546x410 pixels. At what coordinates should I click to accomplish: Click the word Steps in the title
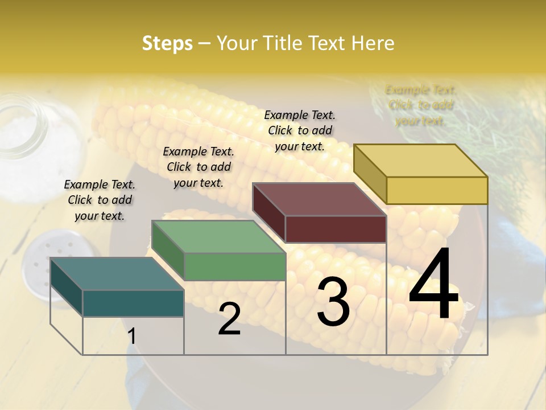(x=167, y=43)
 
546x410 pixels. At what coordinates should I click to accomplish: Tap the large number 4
(x=433, y=285)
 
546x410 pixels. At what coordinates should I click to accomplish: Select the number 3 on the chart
(x=333, y=302)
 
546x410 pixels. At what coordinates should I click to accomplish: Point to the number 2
(x=229, y=319)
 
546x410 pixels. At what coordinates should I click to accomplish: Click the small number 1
(x=132, y=336)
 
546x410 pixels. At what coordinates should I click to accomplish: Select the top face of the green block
(x=218, y=237)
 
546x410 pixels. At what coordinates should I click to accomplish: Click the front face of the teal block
(x=133, y=303)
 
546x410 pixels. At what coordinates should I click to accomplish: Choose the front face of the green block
(x=234, y=266)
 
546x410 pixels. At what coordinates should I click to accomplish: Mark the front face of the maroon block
(x=336, y=229)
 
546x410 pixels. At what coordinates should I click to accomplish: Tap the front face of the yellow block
(x=437, y=190)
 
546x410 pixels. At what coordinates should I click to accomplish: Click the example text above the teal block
(x=100, y=200)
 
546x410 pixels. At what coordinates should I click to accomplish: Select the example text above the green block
(x=198, y=167)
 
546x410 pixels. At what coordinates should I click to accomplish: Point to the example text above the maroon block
(x=300, y=130)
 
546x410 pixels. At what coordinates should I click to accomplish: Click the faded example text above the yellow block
(x=420, y=105)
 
